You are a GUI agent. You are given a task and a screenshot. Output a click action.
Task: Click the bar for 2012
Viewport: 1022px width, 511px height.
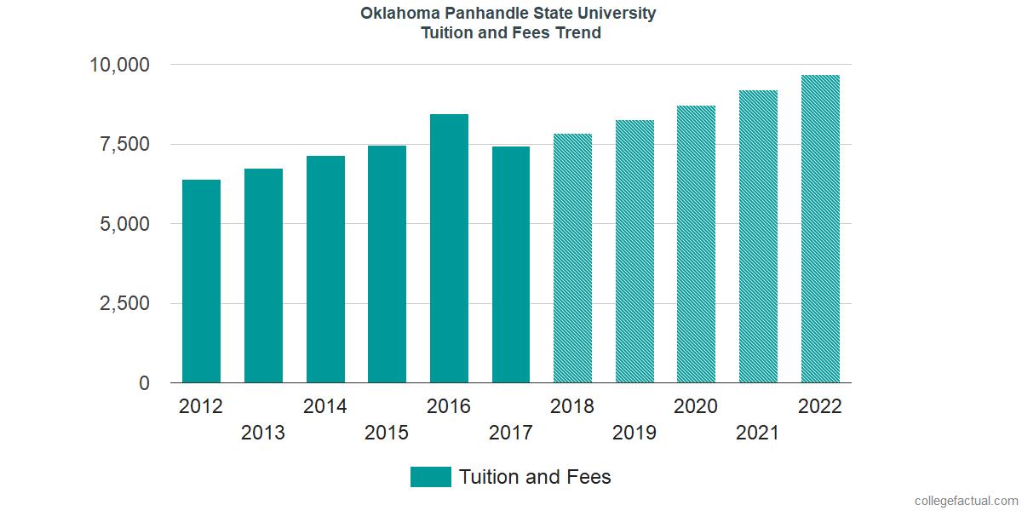coord(201,281)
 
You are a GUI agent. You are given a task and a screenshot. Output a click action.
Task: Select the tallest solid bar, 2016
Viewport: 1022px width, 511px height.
coord(449,249)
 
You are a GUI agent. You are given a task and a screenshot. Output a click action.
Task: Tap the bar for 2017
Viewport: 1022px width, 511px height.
coord(511,265)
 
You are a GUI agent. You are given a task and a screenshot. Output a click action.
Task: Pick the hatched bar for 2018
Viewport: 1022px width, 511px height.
coord(572,258)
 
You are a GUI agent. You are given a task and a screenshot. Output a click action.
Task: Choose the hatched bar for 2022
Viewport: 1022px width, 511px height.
coord(820,229)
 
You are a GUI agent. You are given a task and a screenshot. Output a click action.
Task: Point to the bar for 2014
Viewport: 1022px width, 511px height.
coord(325,269)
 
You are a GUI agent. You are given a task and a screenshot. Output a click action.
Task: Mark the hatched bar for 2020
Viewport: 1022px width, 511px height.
coord(696,244)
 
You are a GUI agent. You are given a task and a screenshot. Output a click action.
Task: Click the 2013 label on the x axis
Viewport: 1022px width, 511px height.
coord(263,433)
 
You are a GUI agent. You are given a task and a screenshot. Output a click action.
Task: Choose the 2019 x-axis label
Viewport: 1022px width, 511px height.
coord(634,433)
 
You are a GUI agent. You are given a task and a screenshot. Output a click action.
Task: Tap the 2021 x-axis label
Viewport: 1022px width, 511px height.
coord(758,433)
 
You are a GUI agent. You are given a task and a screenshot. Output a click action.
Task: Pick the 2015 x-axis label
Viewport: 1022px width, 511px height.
coord(387,433)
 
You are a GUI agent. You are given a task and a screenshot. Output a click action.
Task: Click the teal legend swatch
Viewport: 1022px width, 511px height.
coord(430,477)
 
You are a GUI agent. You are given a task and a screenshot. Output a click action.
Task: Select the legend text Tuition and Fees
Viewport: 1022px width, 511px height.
coord(535,477)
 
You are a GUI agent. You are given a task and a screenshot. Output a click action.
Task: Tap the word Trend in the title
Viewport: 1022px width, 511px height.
coord(580,33)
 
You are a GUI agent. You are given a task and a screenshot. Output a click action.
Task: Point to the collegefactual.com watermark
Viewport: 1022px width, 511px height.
coord(966,501)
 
